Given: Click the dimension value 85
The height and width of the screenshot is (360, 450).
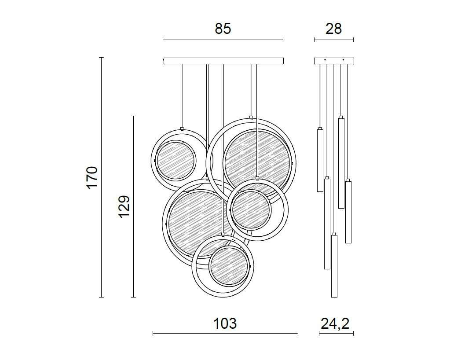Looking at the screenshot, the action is pyautogui.click(x=223, y=29).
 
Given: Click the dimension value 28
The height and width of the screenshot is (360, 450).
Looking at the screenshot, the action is pyautogui.click(x=333, y=29).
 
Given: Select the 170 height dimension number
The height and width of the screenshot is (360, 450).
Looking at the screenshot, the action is pyautogui.click(x=92, y=177).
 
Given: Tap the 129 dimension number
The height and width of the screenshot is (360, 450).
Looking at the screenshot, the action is pyautogui.click(x=124, y=207).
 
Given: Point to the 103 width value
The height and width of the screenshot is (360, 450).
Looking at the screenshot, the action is pyautogui.click(x=225, y=323).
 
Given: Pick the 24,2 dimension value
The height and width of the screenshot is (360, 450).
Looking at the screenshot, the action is pyautogui.click(x=335, y=324).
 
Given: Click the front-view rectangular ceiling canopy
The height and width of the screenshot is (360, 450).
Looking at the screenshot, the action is pyautogui.click(x=223, y=61).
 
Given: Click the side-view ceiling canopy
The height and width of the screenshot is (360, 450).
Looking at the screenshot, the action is pyautogui.click(x=334, y=61).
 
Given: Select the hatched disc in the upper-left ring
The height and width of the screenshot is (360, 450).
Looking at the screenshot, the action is pyautogui.click(x=175, y=160).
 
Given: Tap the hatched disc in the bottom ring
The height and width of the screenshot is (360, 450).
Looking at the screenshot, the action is pyautogui.click(x=228, y=266).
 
